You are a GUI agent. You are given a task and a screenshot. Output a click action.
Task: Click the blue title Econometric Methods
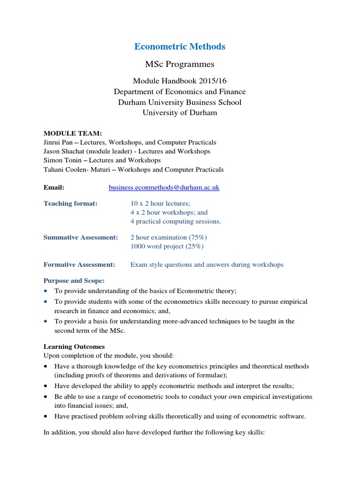(180, 46)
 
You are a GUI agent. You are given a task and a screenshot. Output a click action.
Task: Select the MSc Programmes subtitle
(180, 64)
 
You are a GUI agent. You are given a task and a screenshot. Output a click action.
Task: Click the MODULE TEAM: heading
(73, 134)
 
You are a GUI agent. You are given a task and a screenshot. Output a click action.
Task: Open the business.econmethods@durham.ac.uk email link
(164, 187)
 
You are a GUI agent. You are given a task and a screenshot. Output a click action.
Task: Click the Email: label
(54, 187)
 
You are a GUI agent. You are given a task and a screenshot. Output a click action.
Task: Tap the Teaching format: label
(71, 203)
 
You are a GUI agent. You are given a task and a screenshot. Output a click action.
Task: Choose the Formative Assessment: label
(79, 264)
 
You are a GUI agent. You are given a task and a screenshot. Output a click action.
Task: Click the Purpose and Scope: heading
(74, 280)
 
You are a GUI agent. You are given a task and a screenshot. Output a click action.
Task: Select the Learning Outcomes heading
(71, 347)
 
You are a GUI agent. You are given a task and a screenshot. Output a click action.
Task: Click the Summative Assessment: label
(81, 237)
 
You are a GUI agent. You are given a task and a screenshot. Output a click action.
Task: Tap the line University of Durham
(180, 112)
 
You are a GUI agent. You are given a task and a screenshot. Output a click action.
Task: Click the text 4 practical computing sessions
(175, 221)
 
